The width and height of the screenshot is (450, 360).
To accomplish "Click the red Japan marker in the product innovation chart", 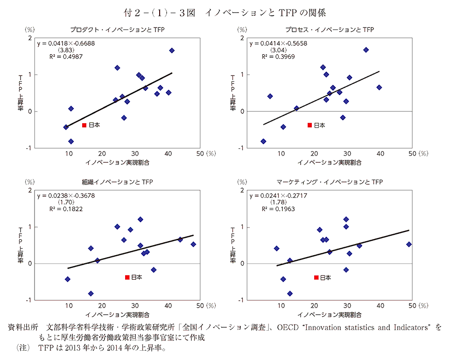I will [x=84, y=125].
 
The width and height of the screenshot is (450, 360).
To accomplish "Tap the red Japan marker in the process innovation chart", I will [x=309, y=125].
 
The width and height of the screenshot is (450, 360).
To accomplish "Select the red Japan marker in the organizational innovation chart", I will [x=127, y=277].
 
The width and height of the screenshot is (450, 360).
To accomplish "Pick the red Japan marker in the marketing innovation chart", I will [x=316, y=277].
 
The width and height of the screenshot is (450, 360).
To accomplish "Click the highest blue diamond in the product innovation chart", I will [x=172, y=50].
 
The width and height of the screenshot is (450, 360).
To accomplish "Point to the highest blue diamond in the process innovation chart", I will [x=366, y=50].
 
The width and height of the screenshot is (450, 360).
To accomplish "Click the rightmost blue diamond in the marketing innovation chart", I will [x=409, y=244].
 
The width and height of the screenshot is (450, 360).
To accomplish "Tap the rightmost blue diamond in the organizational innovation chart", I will [x=193, y=244].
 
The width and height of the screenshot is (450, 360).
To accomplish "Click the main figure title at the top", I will [x=225, y=10].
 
